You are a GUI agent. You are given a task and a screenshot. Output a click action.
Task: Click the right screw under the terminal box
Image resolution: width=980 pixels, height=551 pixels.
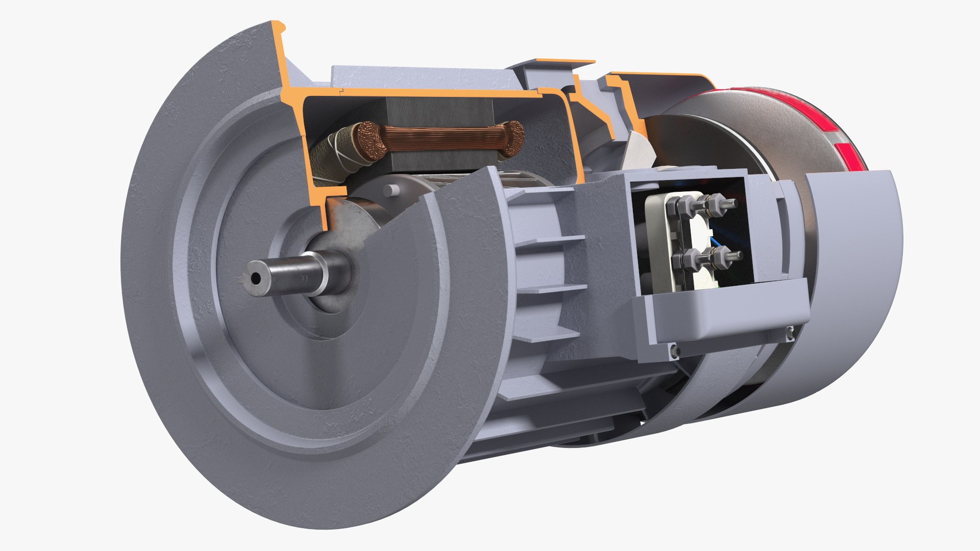click(790, 333)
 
